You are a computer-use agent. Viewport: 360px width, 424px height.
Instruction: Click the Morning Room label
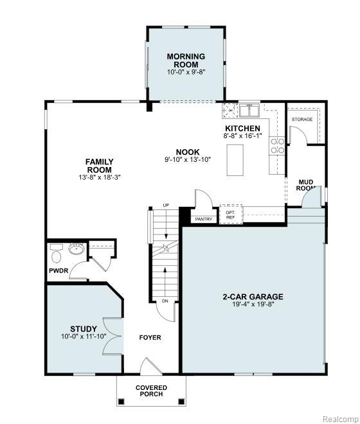click(186, 60)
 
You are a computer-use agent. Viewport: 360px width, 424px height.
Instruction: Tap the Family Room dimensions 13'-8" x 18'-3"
click(100, 177)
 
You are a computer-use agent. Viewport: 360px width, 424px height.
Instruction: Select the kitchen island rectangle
click(235, 160)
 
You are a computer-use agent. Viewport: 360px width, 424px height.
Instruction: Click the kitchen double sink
click(249, 110)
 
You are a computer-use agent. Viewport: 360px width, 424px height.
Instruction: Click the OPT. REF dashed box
click(231, 215)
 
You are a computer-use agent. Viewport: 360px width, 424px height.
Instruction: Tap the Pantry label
click(204, 219)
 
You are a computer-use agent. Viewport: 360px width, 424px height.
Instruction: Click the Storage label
click(301, 119)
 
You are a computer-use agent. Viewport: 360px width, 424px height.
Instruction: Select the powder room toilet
click(57, 257)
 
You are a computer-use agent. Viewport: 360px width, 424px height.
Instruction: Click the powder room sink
click(76, 249)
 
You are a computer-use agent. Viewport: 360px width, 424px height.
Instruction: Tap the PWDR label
click(59, 270)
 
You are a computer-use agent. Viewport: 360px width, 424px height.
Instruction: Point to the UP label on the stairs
click(166, 205)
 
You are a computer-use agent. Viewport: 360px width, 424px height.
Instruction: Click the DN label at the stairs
click(165, 301)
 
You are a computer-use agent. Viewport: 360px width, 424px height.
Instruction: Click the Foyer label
click(150, 337)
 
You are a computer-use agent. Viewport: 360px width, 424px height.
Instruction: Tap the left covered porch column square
click(122, 402)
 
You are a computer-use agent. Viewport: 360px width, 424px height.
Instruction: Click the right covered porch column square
click(181, 402)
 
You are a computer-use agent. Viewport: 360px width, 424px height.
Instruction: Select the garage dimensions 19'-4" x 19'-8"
click(253, 305)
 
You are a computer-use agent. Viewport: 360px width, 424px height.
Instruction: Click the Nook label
click(188, 152)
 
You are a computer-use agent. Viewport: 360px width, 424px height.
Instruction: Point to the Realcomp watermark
click(340, 419)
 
